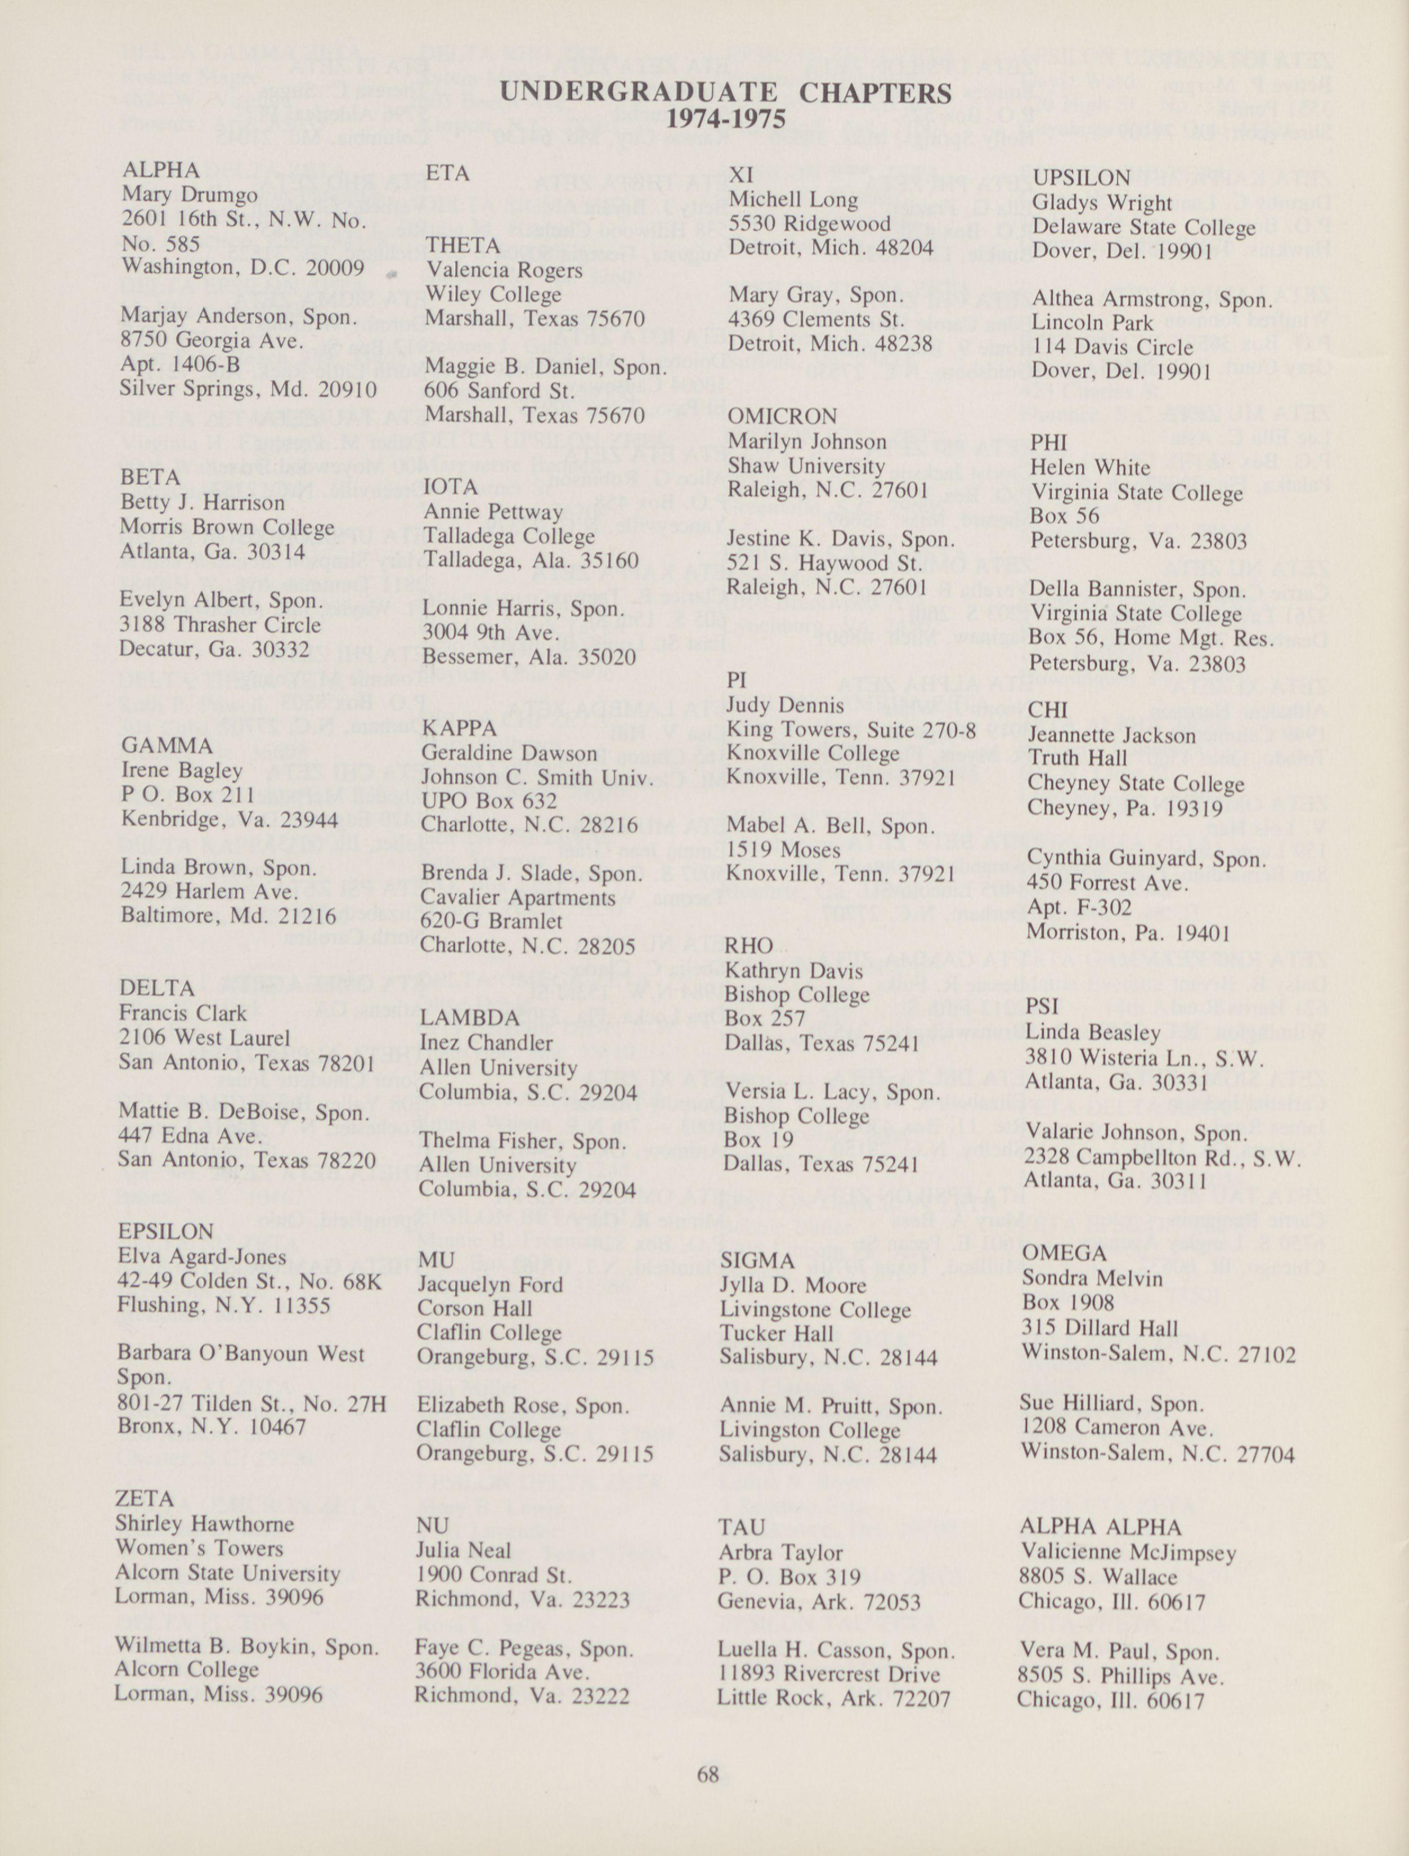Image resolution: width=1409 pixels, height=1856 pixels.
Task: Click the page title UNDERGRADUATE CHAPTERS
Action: pyautogui.click(x=725, y=92)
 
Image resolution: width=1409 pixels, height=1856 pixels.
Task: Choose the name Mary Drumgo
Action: pyautogui.click(x=190, y=195)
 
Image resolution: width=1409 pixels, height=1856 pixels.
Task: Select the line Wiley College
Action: pyautogui.click(x=493, y=296)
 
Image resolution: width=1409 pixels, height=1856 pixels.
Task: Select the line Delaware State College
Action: pyautogui.click(x=1144, y=228)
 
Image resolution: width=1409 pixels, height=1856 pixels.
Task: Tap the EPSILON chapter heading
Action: pyautogui.click(x=166, y=1232)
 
